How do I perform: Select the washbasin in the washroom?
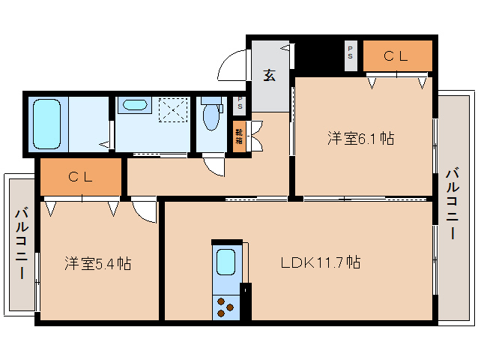[x=134, y=105]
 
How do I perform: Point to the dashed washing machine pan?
[x=172, y=111]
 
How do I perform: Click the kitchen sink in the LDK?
[x=226, y=263]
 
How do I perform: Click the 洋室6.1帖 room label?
[x=360, y=139]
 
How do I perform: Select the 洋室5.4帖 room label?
[x=97, y=263]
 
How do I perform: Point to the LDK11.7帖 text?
[x=321, y=263]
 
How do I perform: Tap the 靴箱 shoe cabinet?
[x=239, y=136]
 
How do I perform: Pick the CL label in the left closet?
[x=80, y=178]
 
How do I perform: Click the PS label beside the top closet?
[x=351, y=55]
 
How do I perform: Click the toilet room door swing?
[x=214, y=166]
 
